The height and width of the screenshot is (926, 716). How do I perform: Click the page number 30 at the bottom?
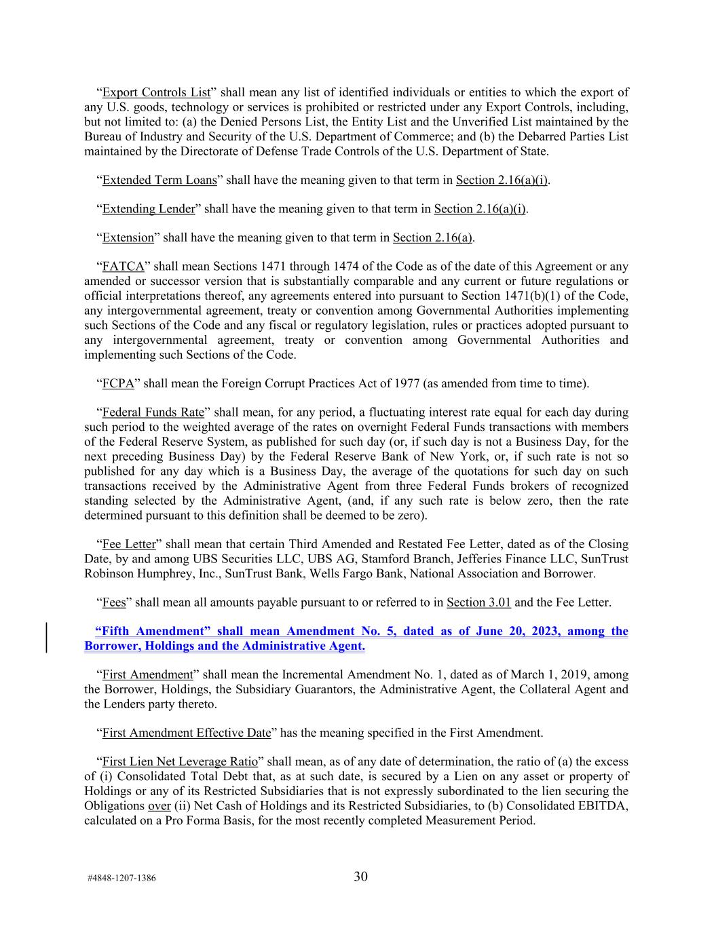[x=360, y=876]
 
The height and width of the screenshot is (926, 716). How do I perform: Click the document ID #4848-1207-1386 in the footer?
[x=121, y=878]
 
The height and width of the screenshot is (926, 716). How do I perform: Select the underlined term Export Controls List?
[x=156, y=92]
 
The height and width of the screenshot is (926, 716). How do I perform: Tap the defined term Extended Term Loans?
[x=159, y=180]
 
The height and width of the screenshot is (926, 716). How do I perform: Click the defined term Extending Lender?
[x=149, y=209]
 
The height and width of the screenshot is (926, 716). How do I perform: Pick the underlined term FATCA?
[x=123, y=267]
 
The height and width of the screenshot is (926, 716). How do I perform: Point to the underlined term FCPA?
[x=118, y=383]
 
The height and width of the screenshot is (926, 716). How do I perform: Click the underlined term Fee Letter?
[x=129, y=544]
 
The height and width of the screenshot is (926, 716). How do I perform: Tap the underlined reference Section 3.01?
[x=478, y=602]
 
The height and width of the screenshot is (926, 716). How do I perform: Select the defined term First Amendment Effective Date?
[x=187, y=733]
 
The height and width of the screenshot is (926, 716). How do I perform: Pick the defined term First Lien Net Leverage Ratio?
[x=180, y=762]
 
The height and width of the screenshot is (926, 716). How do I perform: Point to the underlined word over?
[x=159, y=806]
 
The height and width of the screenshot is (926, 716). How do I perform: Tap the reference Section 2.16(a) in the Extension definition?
[x=432, y=237]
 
